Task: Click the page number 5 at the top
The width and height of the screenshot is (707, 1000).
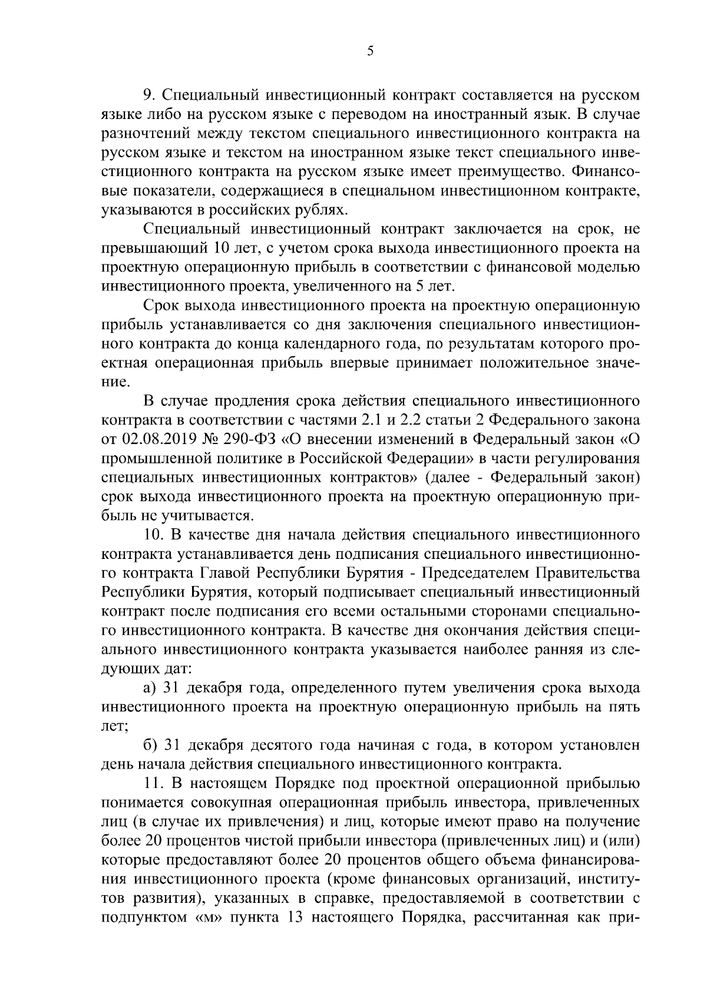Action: [x=370, y=51]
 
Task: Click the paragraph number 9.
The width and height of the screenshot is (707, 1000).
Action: [x=147, y=95]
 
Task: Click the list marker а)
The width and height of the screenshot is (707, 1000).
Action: [x=150, y=688]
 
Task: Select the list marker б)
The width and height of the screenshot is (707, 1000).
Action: [x=150, y=745]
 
